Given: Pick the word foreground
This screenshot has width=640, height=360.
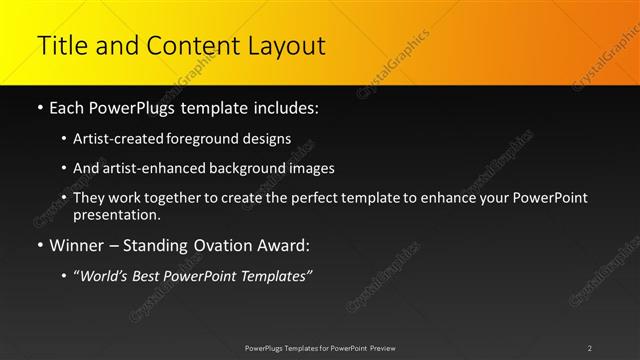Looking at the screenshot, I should tap(214, 138).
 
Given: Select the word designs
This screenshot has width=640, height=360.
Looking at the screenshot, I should tap(270, 138).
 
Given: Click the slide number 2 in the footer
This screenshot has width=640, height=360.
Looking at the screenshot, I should tap(590, 348).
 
